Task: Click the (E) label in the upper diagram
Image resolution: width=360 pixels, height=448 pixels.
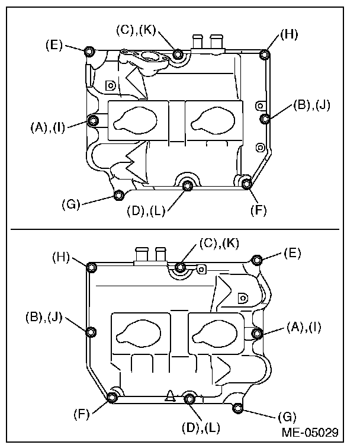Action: (54, 45)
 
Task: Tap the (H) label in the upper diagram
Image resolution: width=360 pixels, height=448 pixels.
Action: (289, 34)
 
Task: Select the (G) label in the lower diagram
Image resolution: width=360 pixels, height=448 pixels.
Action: (287, 417)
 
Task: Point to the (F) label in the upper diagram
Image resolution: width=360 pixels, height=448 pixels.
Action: (259, 210)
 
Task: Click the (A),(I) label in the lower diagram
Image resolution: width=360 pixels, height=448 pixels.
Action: (304, 327)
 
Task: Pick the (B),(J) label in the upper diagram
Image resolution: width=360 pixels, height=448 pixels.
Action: (312, 105)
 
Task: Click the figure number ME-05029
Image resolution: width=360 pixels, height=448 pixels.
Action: (310, 432)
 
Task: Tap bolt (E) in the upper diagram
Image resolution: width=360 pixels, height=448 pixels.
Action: (89, 52)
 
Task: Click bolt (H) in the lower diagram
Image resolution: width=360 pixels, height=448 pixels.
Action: (92, 268)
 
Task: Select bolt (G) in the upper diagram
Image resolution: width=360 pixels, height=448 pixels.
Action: (118, 196)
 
